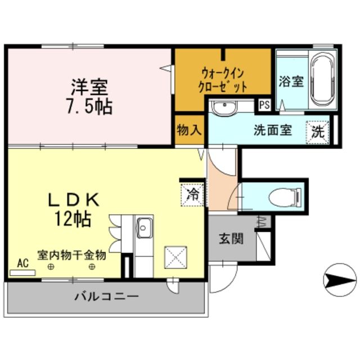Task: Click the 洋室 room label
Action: (89, 87)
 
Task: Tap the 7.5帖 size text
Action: (89, 106)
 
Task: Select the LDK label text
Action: (73, 199)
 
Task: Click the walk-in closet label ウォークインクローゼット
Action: (223, 79)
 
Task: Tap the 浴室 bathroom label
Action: (291, 81)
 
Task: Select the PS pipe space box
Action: (264, 105)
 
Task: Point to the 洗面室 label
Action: (272, 130)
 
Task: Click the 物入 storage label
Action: (188, 130)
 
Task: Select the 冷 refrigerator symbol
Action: (192, 195)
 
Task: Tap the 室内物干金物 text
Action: (71, 255)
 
